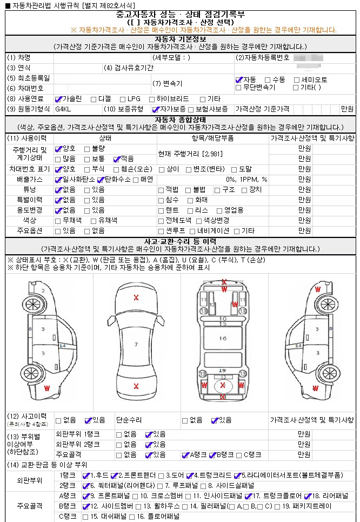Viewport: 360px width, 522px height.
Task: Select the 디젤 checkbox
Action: tap(94, 99)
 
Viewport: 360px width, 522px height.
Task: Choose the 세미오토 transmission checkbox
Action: tap(297, 80)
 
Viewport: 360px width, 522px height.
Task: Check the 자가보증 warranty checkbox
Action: tap(155, 109)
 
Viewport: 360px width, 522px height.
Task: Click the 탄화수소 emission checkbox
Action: tap(101, 179)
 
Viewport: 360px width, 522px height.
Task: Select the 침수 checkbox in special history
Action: tap(161, 200)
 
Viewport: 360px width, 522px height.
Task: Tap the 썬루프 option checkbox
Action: tap(161, 230)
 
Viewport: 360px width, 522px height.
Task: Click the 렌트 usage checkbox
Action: tap(161, 210)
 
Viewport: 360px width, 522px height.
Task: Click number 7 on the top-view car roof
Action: tap(136, 344)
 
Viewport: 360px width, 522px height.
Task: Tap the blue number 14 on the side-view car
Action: tap(63, 345)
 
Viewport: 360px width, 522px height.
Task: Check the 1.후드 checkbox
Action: tap(85, 475)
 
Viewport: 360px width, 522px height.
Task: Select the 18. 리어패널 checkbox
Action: tap(308, 495)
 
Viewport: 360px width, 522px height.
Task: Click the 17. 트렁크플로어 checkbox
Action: tap(248, 495)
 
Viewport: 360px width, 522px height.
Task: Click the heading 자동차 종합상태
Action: tap(179, 120)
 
